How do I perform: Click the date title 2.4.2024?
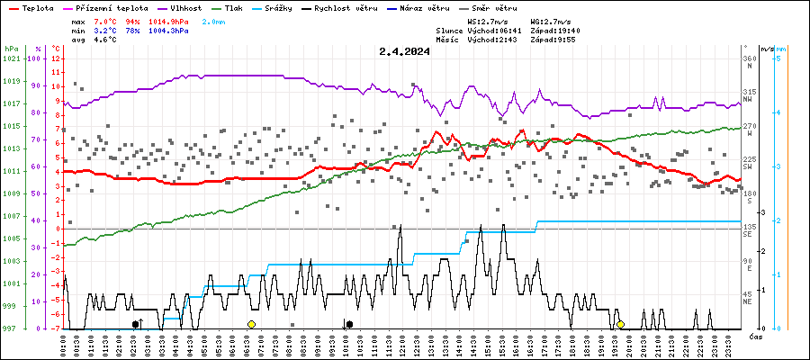tap(404, 51)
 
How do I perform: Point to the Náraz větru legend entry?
tap(435, 7)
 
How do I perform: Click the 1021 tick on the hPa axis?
tap(11, 58)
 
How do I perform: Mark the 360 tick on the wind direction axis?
tap(749, 58)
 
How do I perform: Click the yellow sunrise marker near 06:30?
tap(251, 324)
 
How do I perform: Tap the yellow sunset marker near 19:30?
tap(620, 324)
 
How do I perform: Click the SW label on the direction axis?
tap(748, 167)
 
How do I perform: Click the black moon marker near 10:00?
tap(349, 324)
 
